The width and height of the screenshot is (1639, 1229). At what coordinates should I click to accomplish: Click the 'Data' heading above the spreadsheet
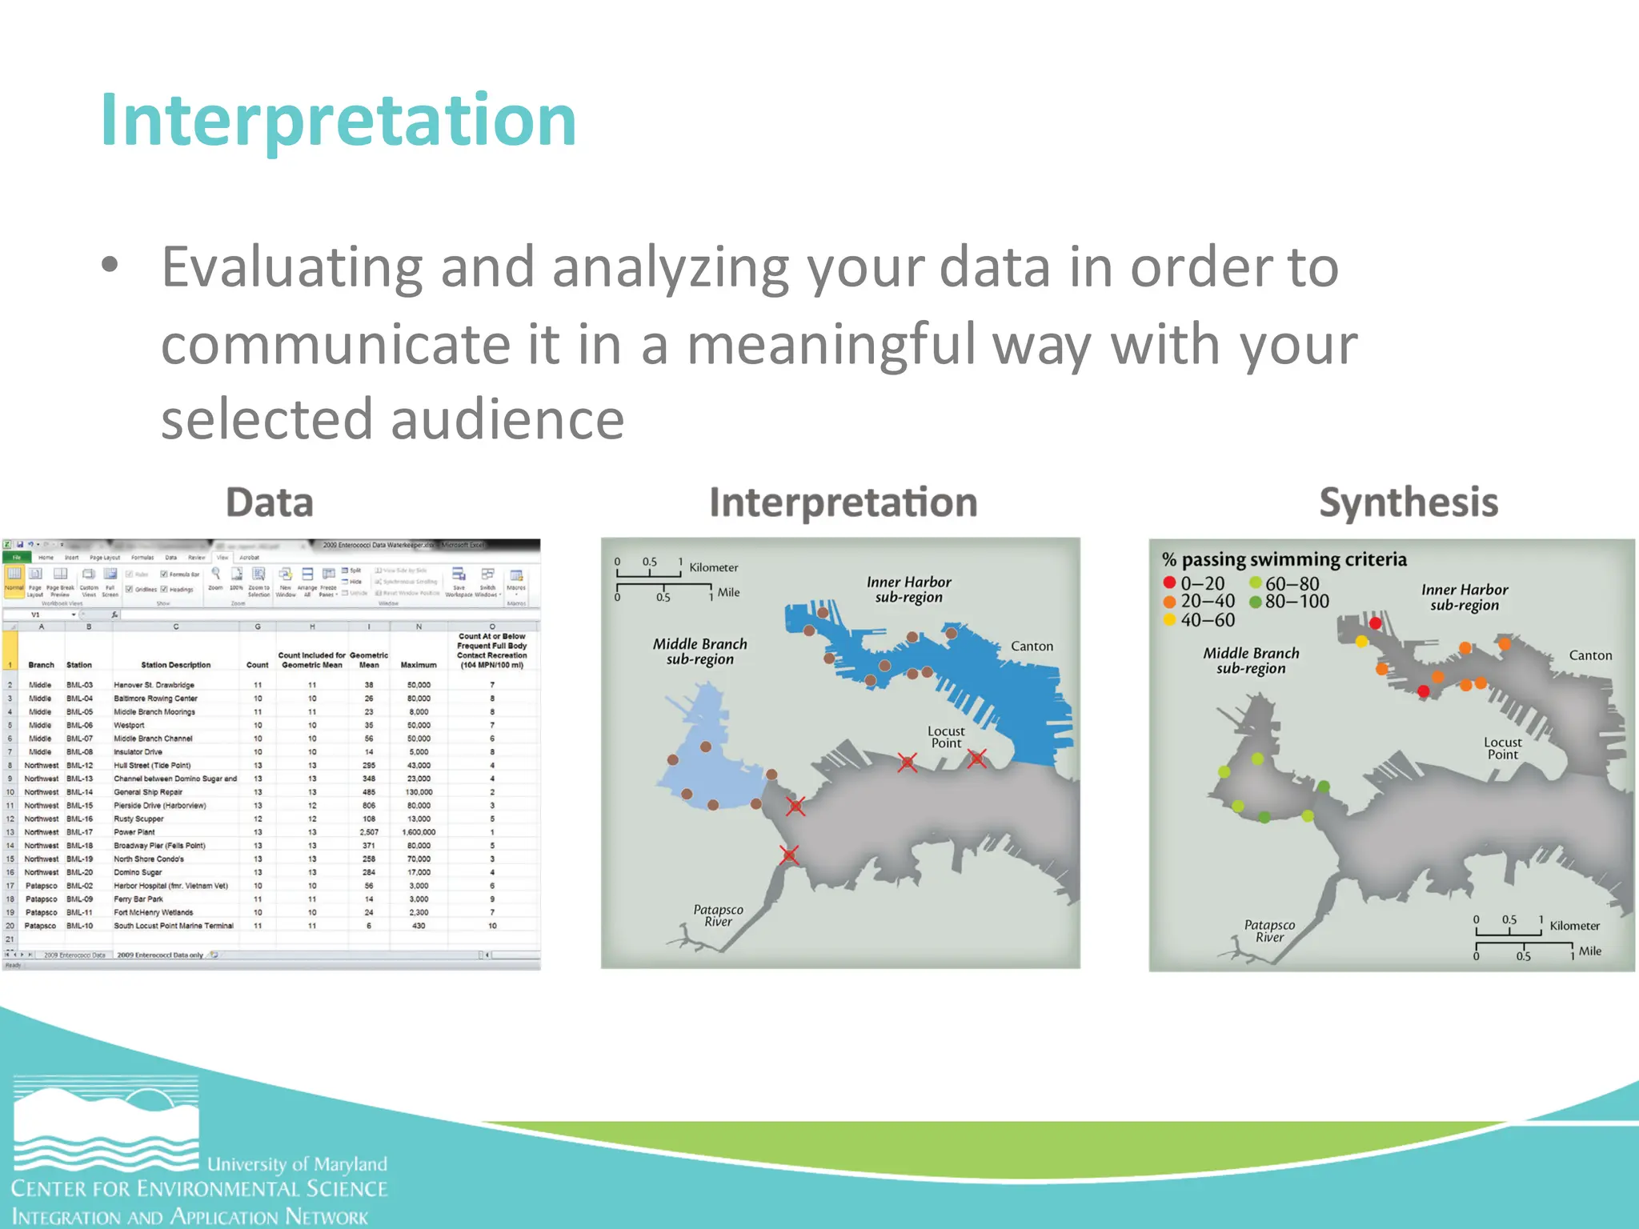point(270,502)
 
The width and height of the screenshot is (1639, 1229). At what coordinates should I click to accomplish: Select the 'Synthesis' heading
point(1408,502)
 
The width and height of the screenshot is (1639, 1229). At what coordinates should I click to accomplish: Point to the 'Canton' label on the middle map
point(1031,646)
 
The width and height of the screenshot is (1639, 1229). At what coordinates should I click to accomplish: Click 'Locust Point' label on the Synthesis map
point(1502,748)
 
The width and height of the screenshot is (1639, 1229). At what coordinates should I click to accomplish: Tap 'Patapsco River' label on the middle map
point(718,915)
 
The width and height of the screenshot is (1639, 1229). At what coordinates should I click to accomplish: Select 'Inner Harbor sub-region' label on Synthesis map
point(1464,597)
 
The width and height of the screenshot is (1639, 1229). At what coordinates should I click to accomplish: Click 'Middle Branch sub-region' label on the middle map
point(699,651)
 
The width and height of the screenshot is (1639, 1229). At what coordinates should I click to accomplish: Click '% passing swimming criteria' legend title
point(1284,559)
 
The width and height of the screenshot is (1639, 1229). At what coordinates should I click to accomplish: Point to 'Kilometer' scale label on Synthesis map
point(1574,926)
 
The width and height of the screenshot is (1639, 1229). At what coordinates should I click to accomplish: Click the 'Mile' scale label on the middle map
point(728,592)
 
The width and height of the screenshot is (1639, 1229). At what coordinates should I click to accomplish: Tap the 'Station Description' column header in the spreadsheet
point(175,665)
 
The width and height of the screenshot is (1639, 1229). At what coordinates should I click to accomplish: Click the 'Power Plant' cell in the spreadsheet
point(134,832)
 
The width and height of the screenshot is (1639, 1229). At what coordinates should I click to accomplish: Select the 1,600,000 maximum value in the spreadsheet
point(419,832)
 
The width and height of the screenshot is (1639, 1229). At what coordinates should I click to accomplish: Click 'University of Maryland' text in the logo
point(297,1164)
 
